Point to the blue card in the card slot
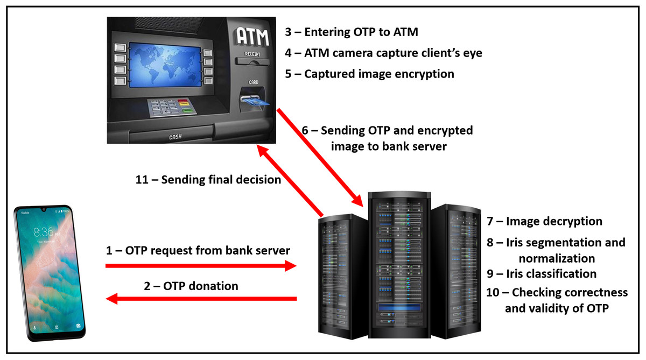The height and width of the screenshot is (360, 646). click(251, 101)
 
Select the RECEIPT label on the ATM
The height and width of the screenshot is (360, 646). click(253, 54)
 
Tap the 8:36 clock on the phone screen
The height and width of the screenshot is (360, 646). click(44, 232)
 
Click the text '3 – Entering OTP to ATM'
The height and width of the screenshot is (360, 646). click(352, 32)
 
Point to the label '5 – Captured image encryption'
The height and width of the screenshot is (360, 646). click(369, 74)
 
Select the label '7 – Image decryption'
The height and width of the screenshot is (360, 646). click(544, 221)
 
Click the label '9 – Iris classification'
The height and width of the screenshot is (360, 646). click(541, 273)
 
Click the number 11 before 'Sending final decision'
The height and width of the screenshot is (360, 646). click(142, 180)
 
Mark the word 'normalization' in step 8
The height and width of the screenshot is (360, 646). click(557, 258)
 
